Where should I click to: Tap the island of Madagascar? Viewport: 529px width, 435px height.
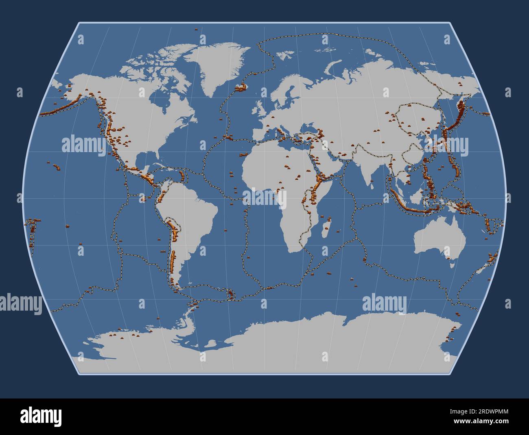pyautogui.click(x=326, y=228)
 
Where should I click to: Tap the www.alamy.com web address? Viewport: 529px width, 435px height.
pyautogui.click(x=484, y=422)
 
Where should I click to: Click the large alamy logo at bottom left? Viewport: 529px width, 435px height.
pyautogui.click(x=41, y=416)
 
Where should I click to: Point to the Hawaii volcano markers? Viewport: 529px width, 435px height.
pyautogui.click(x=55, y=165)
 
